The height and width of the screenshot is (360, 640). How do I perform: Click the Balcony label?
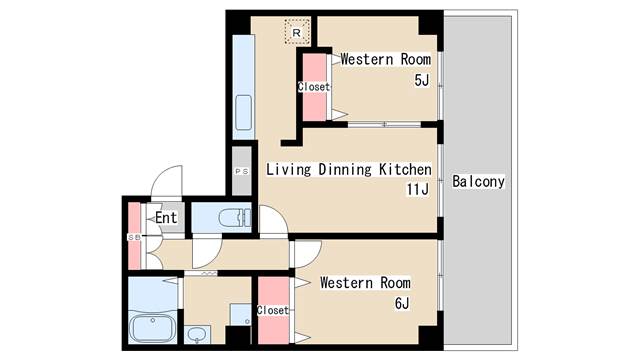pos(478,181)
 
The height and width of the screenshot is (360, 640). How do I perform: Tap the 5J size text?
pos(422,80)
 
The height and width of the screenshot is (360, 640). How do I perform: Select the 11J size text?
pos(418,189)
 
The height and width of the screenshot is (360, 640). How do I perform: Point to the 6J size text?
pos(402,303)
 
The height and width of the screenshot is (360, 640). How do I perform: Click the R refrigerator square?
pos(297,32)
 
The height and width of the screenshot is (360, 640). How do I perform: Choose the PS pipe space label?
pos(242,172)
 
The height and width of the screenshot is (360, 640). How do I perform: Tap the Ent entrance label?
pos(166,218)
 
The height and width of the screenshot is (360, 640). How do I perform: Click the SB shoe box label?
pos(134,237)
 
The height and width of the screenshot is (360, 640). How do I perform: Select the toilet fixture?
pos(234,218)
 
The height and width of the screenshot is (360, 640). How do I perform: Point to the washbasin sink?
pos(198,334)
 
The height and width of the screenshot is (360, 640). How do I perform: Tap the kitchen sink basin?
pos(244,112)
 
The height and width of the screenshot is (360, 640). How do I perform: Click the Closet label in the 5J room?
pos(313,87)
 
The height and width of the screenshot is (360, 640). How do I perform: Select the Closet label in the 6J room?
pos(273,310)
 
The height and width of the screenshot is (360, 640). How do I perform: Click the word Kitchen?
pos(405,169)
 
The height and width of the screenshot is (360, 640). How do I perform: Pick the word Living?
pos(289,169)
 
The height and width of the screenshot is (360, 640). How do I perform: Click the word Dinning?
pos(345,169)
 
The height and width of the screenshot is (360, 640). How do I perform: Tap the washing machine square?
pos(240,314)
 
